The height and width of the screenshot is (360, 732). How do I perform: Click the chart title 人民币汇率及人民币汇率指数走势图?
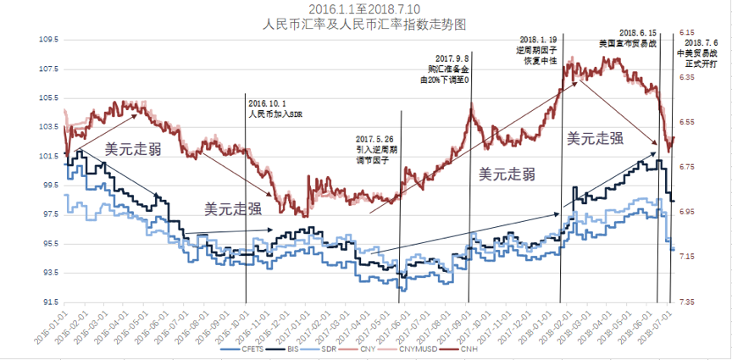348,25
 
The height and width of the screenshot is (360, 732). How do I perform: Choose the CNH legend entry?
489,350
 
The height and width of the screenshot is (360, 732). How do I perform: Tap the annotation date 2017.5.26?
374,139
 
